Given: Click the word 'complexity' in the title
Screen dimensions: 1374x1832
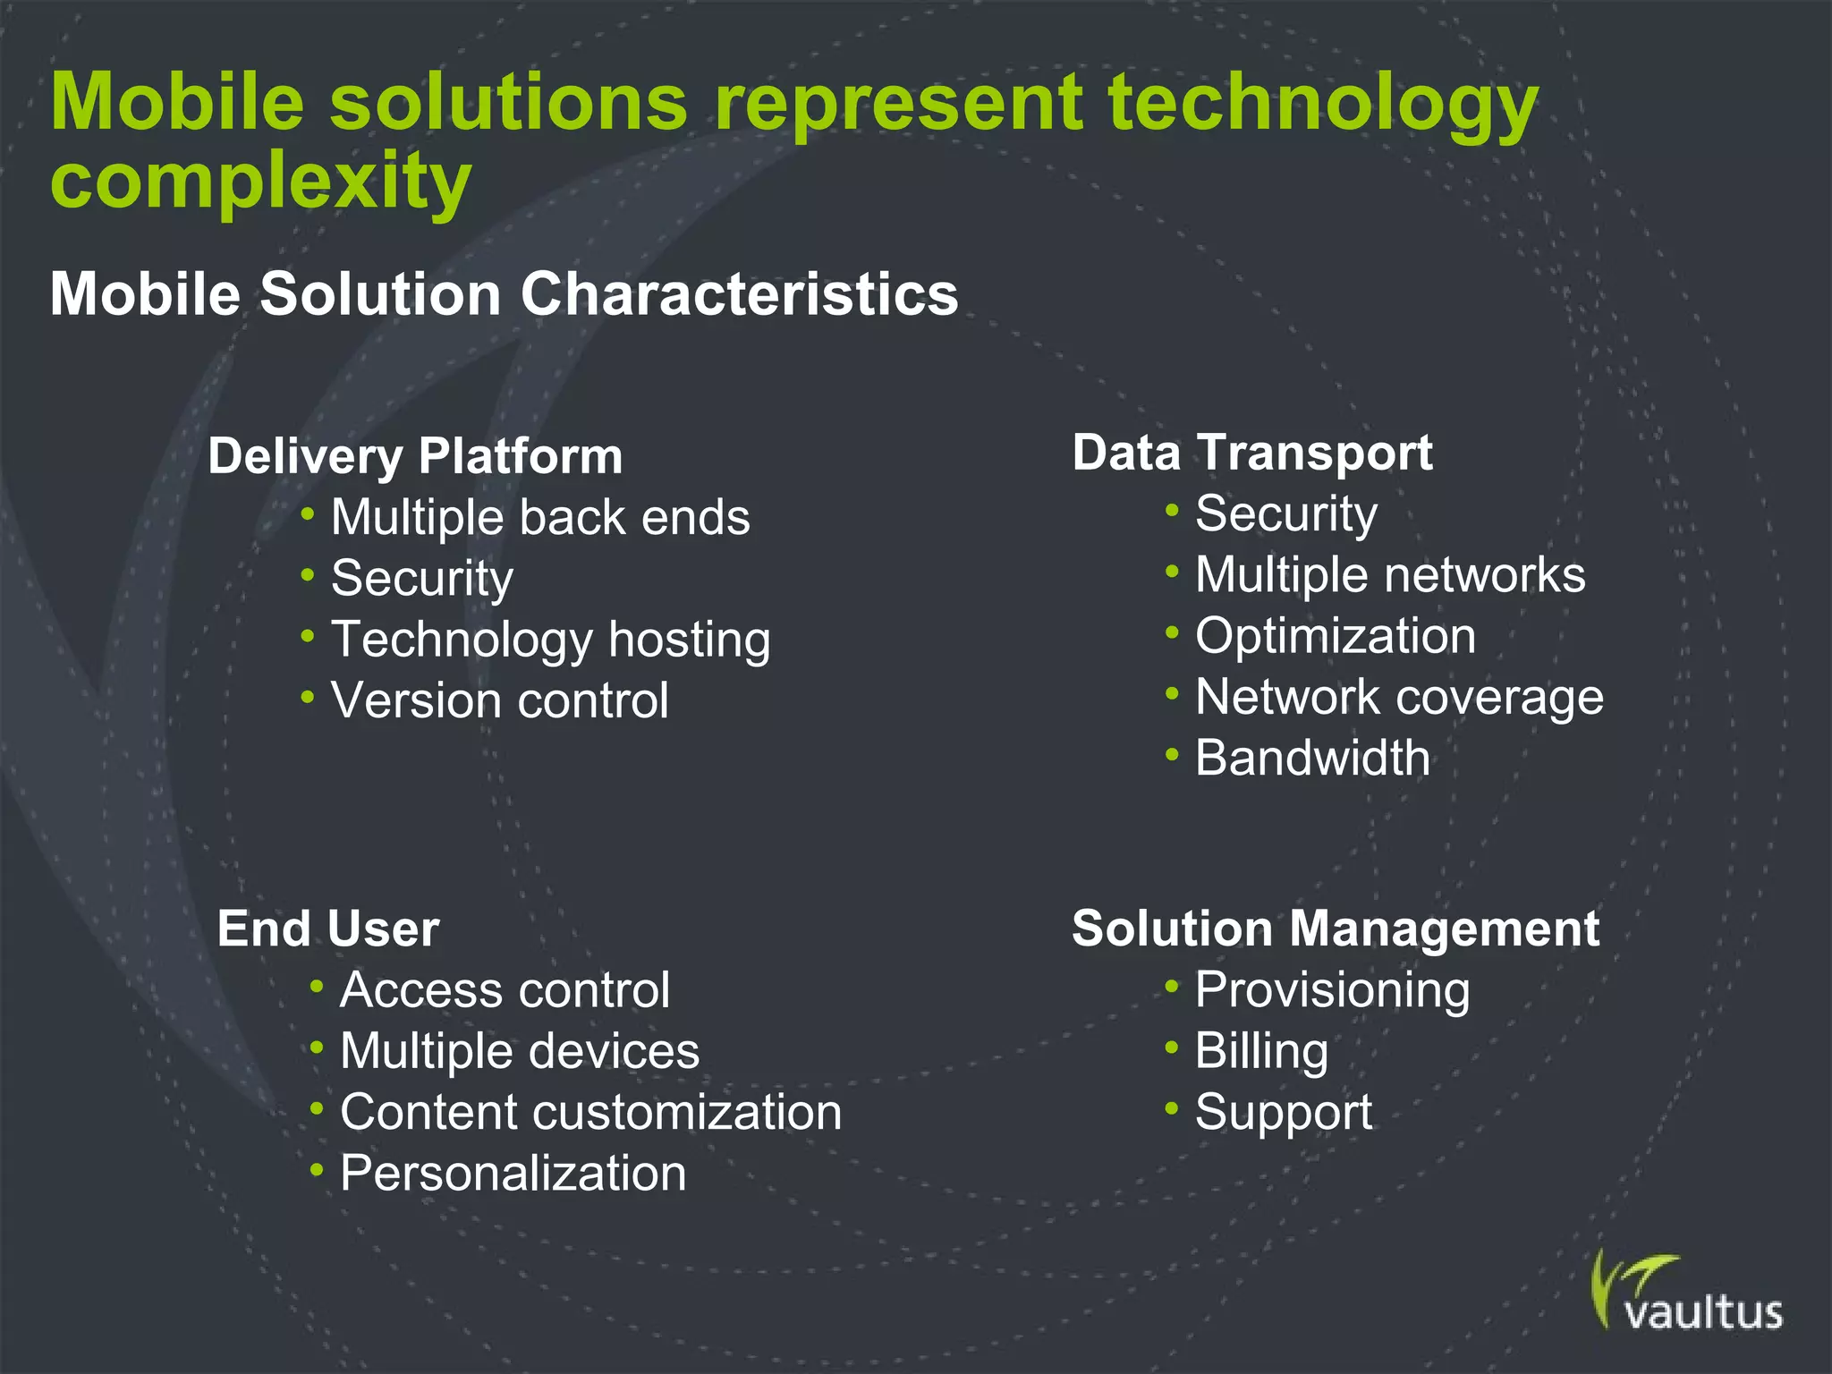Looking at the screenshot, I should (x=260, y=182).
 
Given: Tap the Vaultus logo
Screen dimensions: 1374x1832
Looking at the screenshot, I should (x=1687, y=1293).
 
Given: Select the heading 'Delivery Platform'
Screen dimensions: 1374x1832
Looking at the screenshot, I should (x=415, y=456).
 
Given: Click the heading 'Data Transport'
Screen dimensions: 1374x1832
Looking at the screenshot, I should (x=1252, y=453).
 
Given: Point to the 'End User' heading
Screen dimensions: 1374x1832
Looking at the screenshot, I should (x=328, y=929).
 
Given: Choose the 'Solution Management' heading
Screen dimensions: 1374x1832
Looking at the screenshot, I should (x=1336, y=929).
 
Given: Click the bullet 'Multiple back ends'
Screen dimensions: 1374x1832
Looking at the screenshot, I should (x=540, y=518).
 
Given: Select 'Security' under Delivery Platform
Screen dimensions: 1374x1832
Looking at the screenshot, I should (x=422, y=579).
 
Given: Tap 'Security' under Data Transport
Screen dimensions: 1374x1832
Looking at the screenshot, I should (x=1286, y=514).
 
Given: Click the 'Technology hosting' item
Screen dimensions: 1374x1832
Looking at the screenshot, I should (x=551, y=640).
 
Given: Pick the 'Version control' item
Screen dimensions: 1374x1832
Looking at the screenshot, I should (x=500, y=700).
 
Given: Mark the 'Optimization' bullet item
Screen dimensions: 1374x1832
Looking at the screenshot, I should (x=1336, y=637).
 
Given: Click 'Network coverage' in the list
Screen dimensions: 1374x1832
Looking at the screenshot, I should (x=1399, y=698).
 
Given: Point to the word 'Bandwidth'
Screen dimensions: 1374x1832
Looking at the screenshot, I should (x=1312, y=759).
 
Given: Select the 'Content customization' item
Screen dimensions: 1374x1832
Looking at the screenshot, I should (x=590, y=1113).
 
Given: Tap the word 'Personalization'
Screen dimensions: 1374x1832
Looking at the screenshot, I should (x=513, y=1174).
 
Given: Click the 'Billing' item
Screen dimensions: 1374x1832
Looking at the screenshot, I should (x=1261, y=1051).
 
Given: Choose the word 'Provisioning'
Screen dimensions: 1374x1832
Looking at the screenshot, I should (x=1332, y=991).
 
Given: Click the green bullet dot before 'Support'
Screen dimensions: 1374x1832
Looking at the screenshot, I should (x=1172, y=1109).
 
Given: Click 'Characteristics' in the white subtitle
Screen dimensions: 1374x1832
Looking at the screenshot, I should (x=739, y=294).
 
